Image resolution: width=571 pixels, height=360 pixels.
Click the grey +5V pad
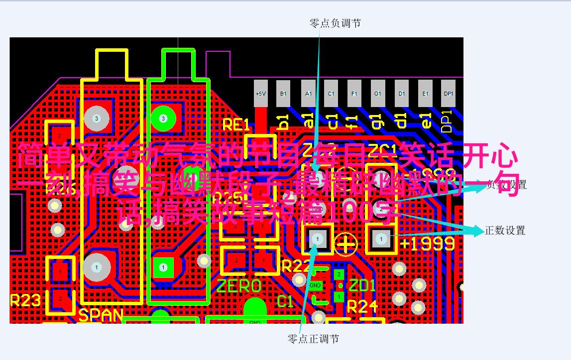(x=260, y=93)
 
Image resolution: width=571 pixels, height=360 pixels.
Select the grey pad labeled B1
(x=284, y=93)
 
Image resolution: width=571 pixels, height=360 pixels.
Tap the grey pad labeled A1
(x=308, y=93)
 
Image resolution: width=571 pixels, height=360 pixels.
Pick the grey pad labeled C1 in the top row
(x=331, y=93)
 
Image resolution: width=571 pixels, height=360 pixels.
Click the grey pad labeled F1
(x=354, y=93)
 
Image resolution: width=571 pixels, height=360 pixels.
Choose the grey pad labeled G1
(x=378, y=93)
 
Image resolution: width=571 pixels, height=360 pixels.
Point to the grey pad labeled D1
(x=401, y=93)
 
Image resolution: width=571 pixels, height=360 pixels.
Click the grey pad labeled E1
(x=425, y=93)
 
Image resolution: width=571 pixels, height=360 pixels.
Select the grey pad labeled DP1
(x=449, y=93)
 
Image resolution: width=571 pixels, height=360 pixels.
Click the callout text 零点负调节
(x=335, y=23)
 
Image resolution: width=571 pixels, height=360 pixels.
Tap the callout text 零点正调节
(x=313, y=339)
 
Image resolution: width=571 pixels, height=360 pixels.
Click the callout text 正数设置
(x=505, y=231)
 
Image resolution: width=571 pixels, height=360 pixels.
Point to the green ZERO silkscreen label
(x=239, y=286)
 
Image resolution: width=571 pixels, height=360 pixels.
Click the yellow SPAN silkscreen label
(x=101, y=315)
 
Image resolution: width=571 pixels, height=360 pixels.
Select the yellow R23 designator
(x=25, y=300)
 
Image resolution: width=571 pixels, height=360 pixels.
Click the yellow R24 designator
(x=362, y=307)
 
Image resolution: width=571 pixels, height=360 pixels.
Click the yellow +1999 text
(x=427, y=243)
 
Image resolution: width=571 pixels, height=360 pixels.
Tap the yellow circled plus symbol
(x=346, y=243)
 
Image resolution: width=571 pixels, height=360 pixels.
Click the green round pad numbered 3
(x=163, y=118)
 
